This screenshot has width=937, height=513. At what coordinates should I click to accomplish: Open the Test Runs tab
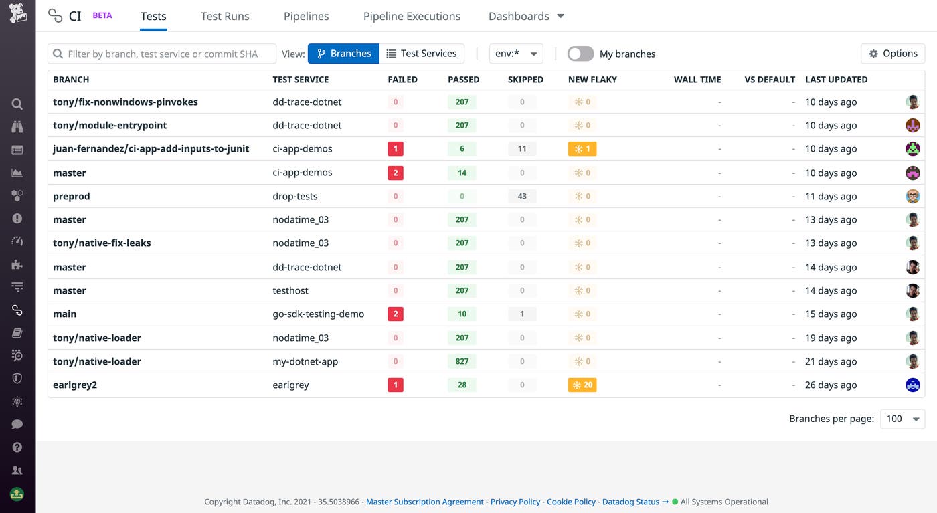point(225,17)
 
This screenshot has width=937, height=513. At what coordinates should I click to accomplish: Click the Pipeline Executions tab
point(412,17)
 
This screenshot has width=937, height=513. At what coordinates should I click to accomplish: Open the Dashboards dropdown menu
point(526,17)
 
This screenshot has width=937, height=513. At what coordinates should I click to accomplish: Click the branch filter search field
point(162,54)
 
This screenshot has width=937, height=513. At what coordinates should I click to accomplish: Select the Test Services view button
point(422,54)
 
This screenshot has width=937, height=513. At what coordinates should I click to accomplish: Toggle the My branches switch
point(580,54)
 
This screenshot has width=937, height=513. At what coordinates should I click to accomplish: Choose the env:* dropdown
point(516,54)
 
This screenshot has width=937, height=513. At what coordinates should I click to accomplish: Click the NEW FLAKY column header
point(592,80)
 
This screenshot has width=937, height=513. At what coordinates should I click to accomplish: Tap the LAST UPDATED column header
point(836,80)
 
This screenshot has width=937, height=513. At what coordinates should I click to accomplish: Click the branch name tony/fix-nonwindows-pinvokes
point(125,102)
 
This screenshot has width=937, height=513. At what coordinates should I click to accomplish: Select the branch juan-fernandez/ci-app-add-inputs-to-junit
point(151,149)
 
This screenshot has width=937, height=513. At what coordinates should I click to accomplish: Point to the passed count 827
point(462,362)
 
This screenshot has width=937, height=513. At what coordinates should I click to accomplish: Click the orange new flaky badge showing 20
point(582,385)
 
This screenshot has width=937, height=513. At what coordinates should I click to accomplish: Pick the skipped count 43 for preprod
point(522,197)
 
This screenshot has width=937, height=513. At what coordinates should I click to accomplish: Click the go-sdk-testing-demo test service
point(318,314)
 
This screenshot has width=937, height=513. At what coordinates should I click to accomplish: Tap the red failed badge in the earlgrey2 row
point(396,385)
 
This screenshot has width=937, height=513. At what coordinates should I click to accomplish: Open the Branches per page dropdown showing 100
point(902,419)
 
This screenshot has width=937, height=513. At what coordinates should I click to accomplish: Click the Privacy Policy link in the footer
point(515,502)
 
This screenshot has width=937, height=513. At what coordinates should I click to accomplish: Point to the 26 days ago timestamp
point(831,385)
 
